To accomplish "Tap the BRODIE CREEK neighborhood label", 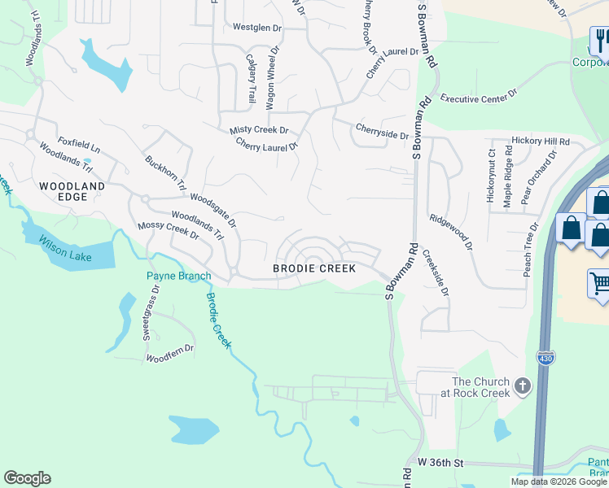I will coord(313,268).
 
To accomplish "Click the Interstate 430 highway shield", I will coord(545,357).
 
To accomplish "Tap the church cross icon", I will coord(522,386).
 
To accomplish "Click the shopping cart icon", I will coord(600,284).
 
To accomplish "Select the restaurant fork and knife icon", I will coord(601,41).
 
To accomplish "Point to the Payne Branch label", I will coord(178,276).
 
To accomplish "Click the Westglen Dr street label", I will coord(256,27).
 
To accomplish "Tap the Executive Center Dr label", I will coord(479,98).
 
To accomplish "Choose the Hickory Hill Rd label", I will coord(541,141).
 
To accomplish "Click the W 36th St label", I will coord(440,463).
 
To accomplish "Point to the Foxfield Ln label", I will coord(78,146).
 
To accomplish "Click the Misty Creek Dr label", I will coord(259,130).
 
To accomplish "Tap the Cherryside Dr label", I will coord(381,130).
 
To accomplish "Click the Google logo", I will coord(27,478).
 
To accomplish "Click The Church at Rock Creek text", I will coord(480,387).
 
